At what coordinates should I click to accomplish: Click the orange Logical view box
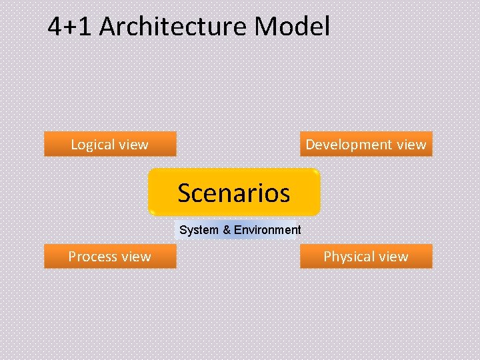tap(110, 144)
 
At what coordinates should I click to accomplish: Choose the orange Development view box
tap(365, 144)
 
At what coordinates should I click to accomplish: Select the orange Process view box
tap(110, 256)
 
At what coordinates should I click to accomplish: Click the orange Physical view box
tap(365, 256)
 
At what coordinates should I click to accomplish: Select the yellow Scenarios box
tap(234, 193)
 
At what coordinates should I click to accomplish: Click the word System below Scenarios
tap(199, 230)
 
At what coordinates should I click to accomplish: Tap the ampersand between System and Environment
tap(227, 230)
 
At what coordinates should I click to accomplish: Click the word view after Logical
tap(133, 145)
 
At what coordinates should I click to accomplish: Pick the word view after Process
tap(137, 257)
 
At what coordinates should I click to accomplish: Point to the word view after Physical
tap(393, 257)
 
